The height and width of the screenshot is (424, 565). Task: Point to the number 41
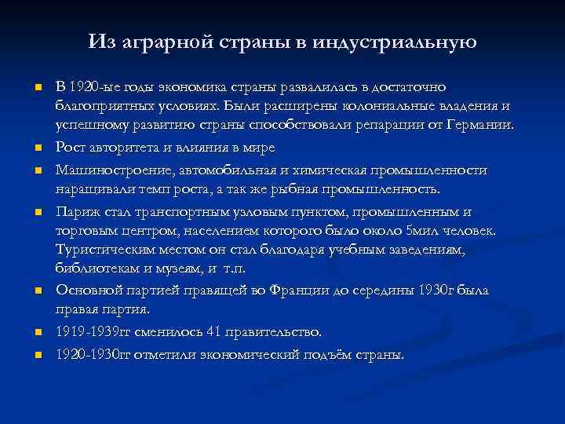(x=212, y=332)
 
